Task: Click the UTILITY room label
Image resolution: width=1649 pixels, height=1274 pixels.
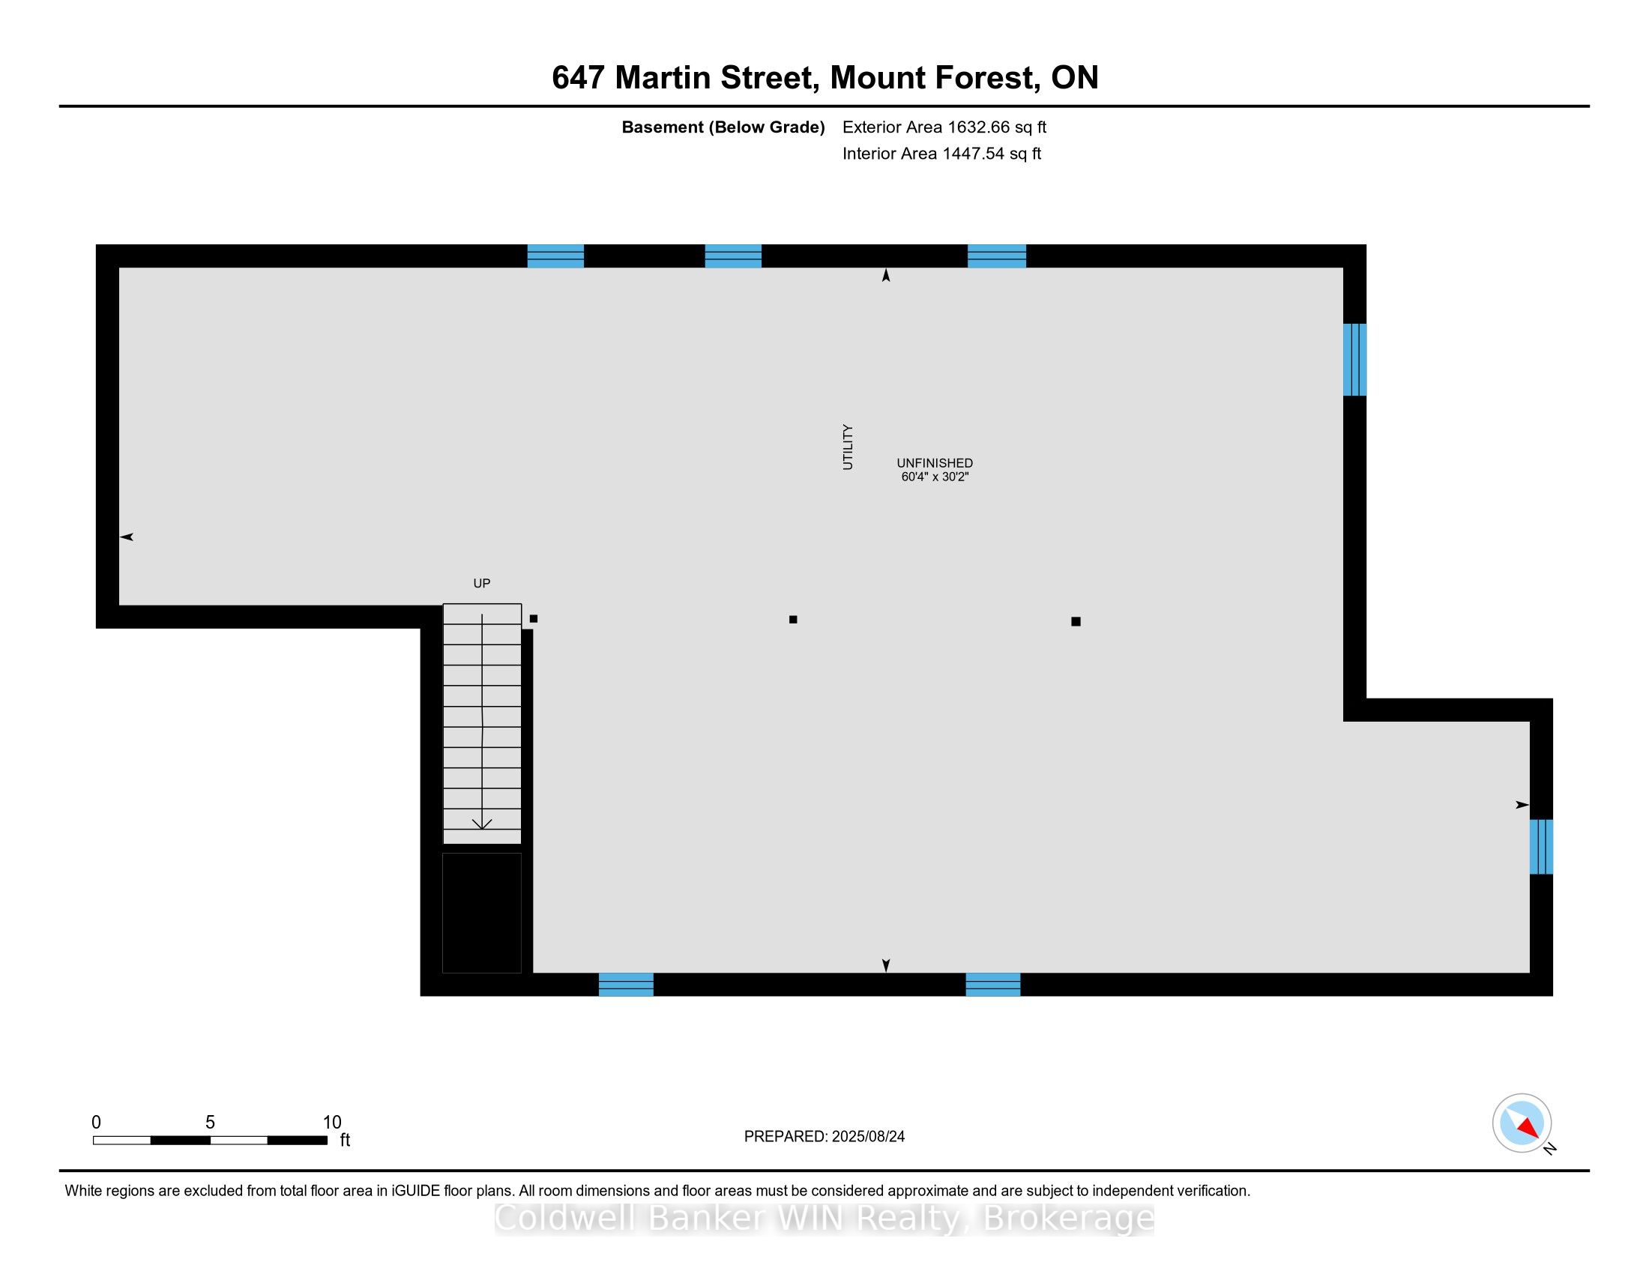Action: coord(847,447)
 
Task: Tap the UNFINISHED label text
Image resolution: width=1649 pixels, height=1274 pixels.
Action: coord(935,462)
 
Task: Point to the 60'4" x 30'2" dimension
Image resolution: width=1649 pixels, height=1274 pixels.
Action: coord(935,477)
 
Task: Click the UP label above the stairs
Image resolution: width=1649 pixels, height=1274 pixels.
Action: coord(482,582)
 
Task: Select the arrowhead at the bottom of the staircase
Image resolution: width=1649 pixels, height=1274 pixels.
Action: coord(482,824)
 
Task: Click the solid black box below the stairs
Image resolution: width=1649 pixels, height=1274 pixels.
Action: coord(482,913)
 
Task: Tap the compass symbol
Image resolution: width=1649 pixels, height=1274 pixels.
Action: coord(1522,1123)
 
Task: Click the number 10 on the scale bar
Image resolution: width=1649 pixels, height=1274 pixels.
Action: coord(332,1122)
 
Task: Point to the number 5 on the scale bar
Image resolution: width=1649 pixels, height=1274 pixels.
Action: coord(210,1122)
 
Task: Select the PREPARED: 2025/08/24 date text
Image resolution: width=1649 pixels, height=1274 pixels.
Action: coord(824,1136)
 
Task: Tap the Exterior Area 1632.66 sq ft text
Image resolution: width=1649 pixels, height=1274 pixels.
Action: coord(944,127)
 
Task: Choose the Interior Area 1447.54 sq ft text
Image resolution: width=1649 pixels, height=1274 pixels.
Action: coord(941,153)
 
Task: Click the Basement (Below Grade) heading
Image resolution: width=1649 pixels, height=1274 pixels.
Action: coord(723,127)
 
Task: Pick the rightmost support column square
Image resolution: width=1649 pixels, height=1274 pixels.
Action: coord(1076,621)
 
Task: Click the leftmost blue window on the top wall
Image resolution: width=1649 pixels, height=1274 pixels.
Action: coord(555,256)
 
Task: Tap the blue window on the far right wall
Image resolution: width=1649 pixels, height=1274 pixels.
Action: coord(1541,847)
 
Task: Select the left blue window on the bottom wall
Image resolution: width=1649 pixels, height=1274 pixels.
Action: coord(626,984)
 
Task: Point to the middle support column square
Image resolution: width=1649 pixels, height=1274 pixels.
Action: coord(793,620)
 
